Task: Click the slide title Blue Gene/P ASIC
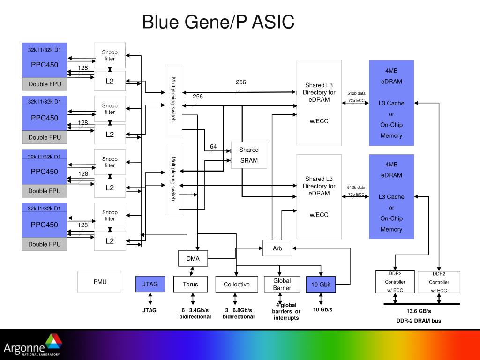[218, 22]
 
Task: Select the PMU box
[99, 282]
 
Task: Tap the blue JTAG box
[150, 284]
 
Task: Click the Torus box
[190, 284]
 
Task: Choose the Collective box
[237, 284]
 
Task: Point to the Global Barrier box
[282, 284]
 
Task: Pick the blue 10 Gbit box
[321, 284]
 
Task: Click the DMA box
[193, 258]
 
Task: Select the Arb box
[277, 248]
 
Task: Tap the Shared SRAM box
[249, 155]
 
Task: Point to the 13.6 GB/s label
[419, 311]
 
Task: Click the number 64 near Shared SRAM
[213, 147]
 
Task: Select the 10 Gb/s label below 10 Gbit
[322, 310]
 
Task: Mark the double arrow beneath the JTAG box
[150, 299]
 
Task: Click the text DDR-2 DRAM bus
[419, 321]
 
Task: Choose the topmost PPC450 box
[45, 65]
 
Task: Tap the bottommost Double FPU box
[45, 244]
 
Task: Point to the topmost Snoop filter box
[110, 55]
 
